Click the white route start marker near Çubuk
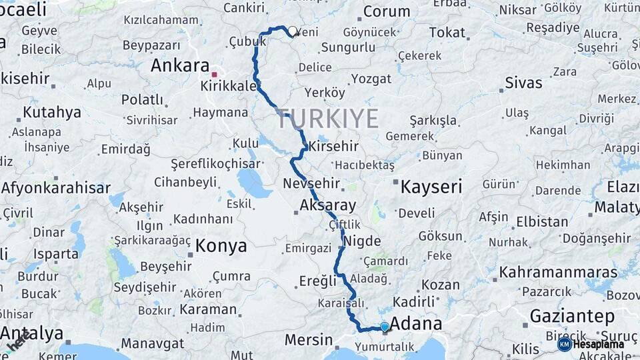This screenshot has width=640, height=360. coord(292,31)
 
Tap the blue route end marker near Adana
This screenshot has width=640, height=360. coord(385,327)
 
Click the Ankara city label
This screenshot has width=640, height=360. coord(180,65)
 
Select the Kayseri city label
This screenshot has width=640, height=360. coord(431,187)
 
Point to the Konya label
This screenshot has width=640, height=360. coord(221,246)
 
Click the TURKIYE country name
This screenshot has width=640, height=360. coord(327,119)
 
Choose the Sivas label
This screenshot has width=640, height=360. coord(523,83)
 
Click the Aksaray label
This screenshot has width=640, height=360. coord(328,205)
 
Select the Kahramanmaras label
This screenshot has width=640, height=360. coord(559,272)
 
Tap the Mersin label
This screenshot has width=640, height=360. coord(309,340)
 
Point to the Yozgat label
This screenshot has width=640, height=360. coord(371,79)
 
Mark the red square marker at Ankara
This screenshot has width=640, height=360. coord(215,75)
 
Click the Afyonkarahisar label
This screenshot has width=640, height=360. coord(55,188)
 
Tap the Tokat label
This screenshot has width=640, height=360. coord(447,33)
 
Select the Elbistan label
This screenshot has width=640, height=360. coord(542,221)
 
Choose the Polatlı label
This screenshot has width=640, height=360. coord(142,100)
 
